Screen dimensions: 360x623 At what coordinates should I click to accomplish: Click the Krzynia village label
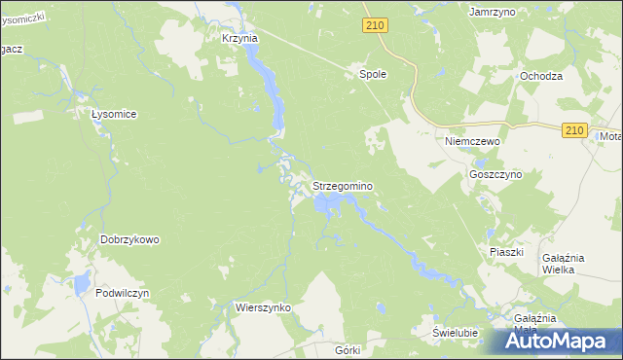[x=238, y=38]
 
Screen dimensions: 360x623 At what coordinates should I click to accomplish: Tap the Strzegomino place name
[x=343, y=185]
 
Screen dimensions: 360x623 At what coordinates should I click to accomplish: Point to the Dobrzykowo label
[x=129, y=239]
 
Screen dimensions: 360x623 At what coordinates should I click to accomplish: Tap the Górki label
[x=347, y=349]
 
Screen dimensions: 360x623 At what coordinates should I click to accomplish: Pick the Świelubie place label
[x=456, y=333]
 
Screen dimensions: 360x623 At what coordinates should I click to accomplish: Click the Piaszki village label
[x=506, y=252]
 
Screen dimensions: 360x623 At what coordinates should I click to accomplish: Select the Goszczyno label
[x=495, y=174]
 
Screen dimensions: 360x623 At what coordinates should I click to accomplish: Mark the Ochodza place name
[x=541, y=76]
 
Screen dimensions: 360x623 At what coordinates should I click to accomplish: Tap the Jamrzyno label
[x=492, y=12]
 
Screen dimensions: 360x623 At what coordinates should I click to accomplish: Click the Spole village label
[x=374, y=73]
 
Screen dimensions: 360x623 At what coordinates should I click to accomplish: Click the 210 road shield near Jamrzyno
[x=376, y=26]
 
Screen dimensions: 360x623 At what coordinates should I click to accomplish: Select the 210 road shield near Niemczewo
[x=574, y=130]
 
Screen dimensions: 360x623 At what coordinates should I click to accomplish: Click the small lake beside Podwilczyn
[x=75, y=285]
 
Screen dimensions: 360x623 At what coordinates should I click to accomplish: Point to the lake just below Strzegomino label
[x=329, y=204]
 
